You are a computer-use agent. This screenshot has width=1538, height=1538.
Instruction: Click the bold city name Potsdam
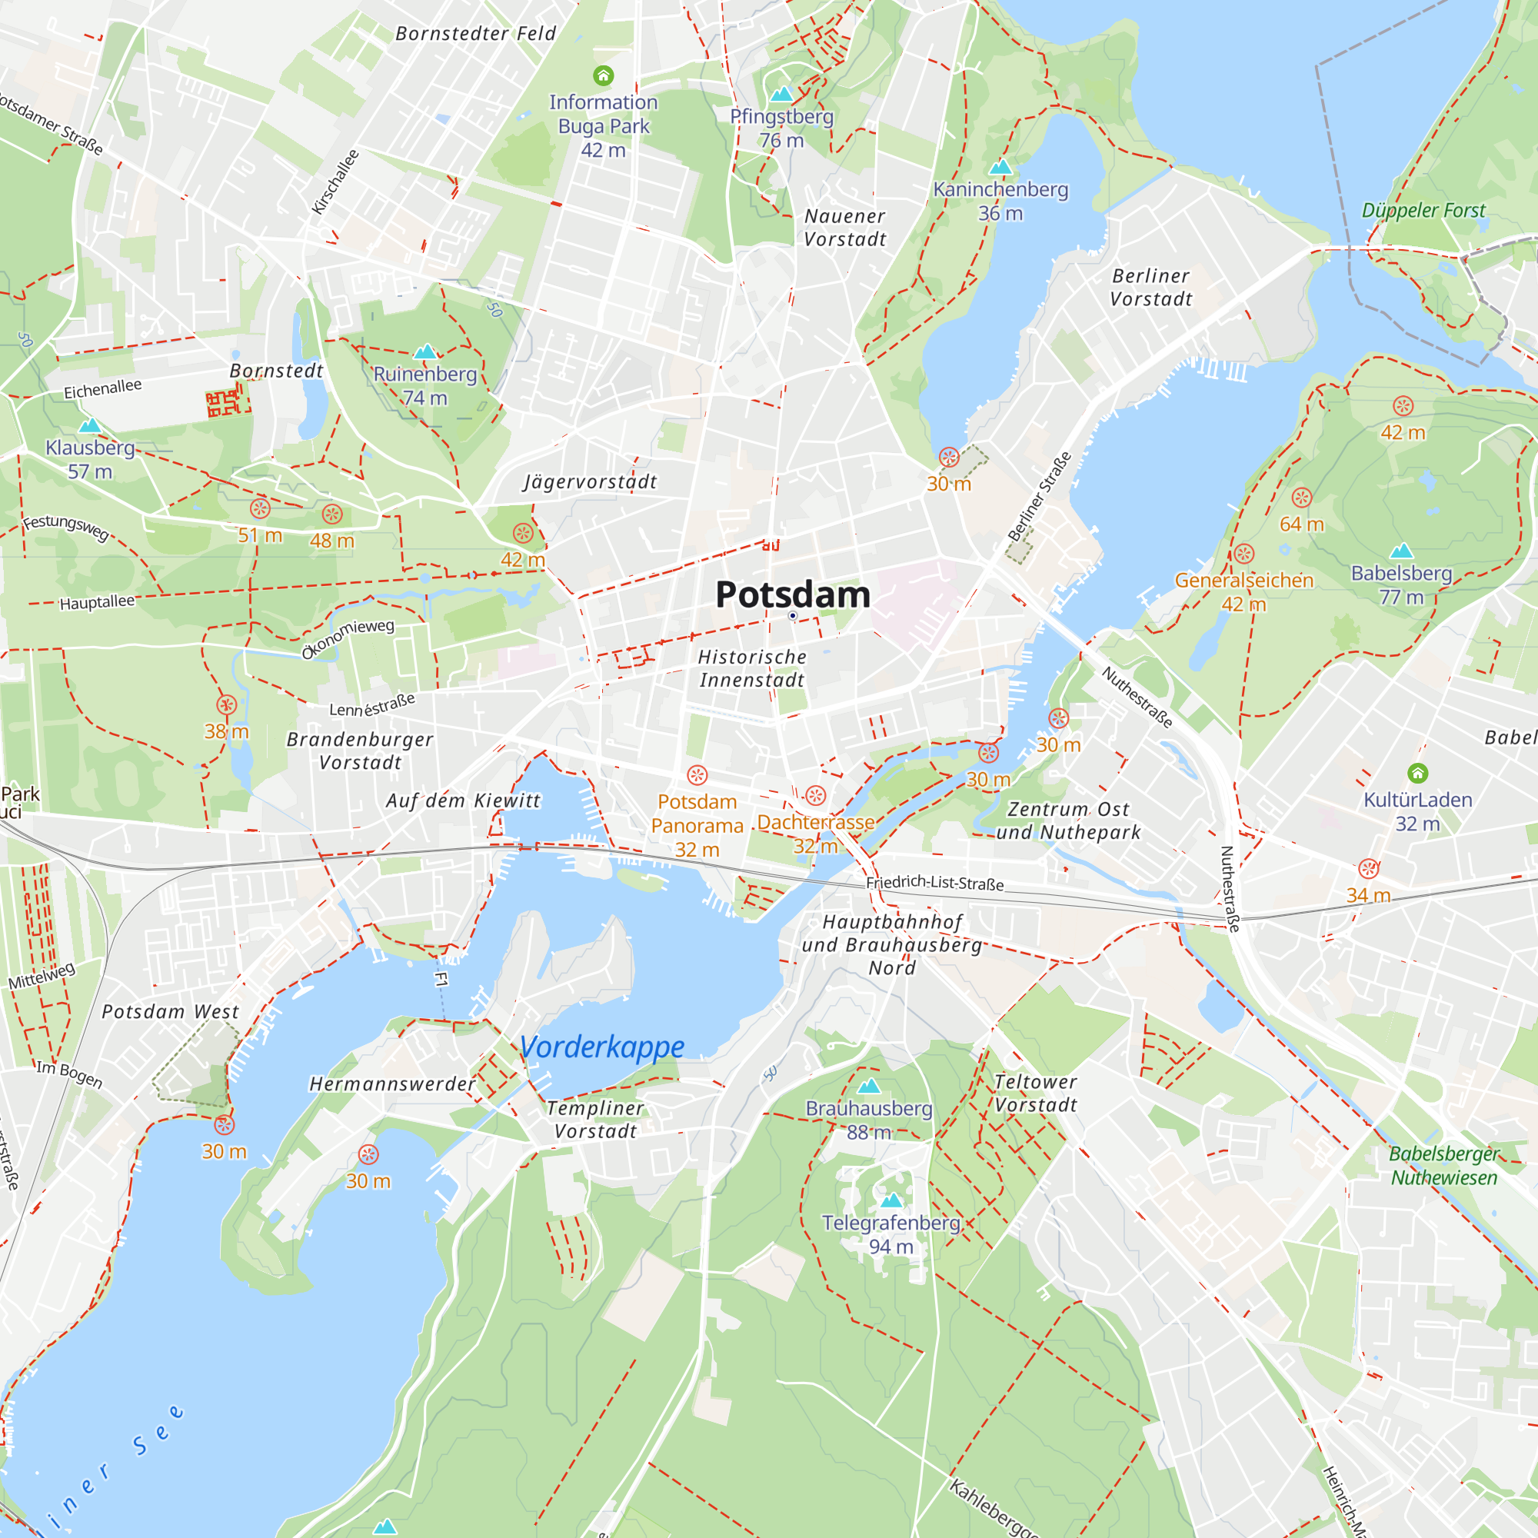tap(792, 594)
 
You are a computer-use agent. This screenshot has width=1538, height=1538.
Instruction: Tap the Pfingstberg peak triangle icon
tap(782, 94)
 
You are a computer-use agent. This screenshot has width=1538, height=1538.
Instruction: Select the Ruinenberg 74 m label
tap(425, 385)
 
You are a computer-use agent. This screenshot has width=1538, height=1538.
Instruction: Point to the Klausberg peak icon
tap(90, 425)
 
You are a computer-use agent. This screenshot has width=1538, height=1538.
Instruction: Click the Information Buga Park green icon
tap(604, 75)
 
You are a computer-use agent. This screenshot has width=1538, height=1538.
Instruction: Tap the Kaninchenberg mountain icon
tap(1000, 167)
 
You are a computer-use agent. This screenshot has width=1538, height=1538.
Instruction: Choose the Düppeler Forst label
tap(1423, 210)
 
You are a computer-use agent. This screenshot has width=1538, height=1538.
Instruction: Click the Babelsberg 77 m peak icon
tap(1401, 551)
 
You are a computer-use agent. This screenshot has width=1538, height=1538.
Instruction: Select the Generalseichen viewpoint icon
tap(1244, 553)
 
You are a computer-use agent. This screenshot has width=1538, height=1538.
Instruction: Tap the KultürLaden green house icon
tap(1418, 772)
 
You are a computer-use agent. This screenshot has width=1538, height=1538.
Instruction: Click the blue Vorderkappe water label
tap(602, 1047)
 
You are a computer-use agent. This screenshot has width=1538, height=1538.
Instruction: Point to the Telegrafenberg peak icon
tap(891, 1200)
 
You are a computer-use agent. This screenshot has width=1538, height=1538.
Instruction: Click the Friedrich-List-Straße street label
tap(934, 882)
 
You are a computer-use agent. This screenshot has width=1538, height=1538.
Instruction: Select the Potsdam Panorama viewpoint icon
tap(697, 774)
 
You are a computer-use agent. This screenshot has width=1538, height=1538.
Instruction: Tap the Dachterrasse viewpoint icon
tap(815, 795)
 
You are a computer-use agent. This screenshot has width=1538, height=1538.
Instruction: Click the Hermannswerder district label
tap(392, 1084)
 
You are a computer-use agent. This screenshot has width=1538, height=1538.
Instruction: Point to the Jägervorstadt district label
tap(590, 481)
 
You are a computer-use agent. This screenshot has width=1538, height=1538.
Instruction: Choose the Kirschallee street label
tap(336, 181)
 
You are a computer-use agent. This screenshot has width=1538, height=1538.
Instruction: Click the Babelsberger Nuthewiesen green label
tap(1443, 1166)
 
